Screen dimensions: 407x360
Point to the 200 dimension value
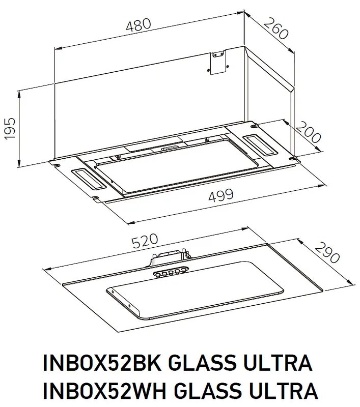308,133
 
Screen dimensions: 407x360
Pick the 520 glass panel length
144,241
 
